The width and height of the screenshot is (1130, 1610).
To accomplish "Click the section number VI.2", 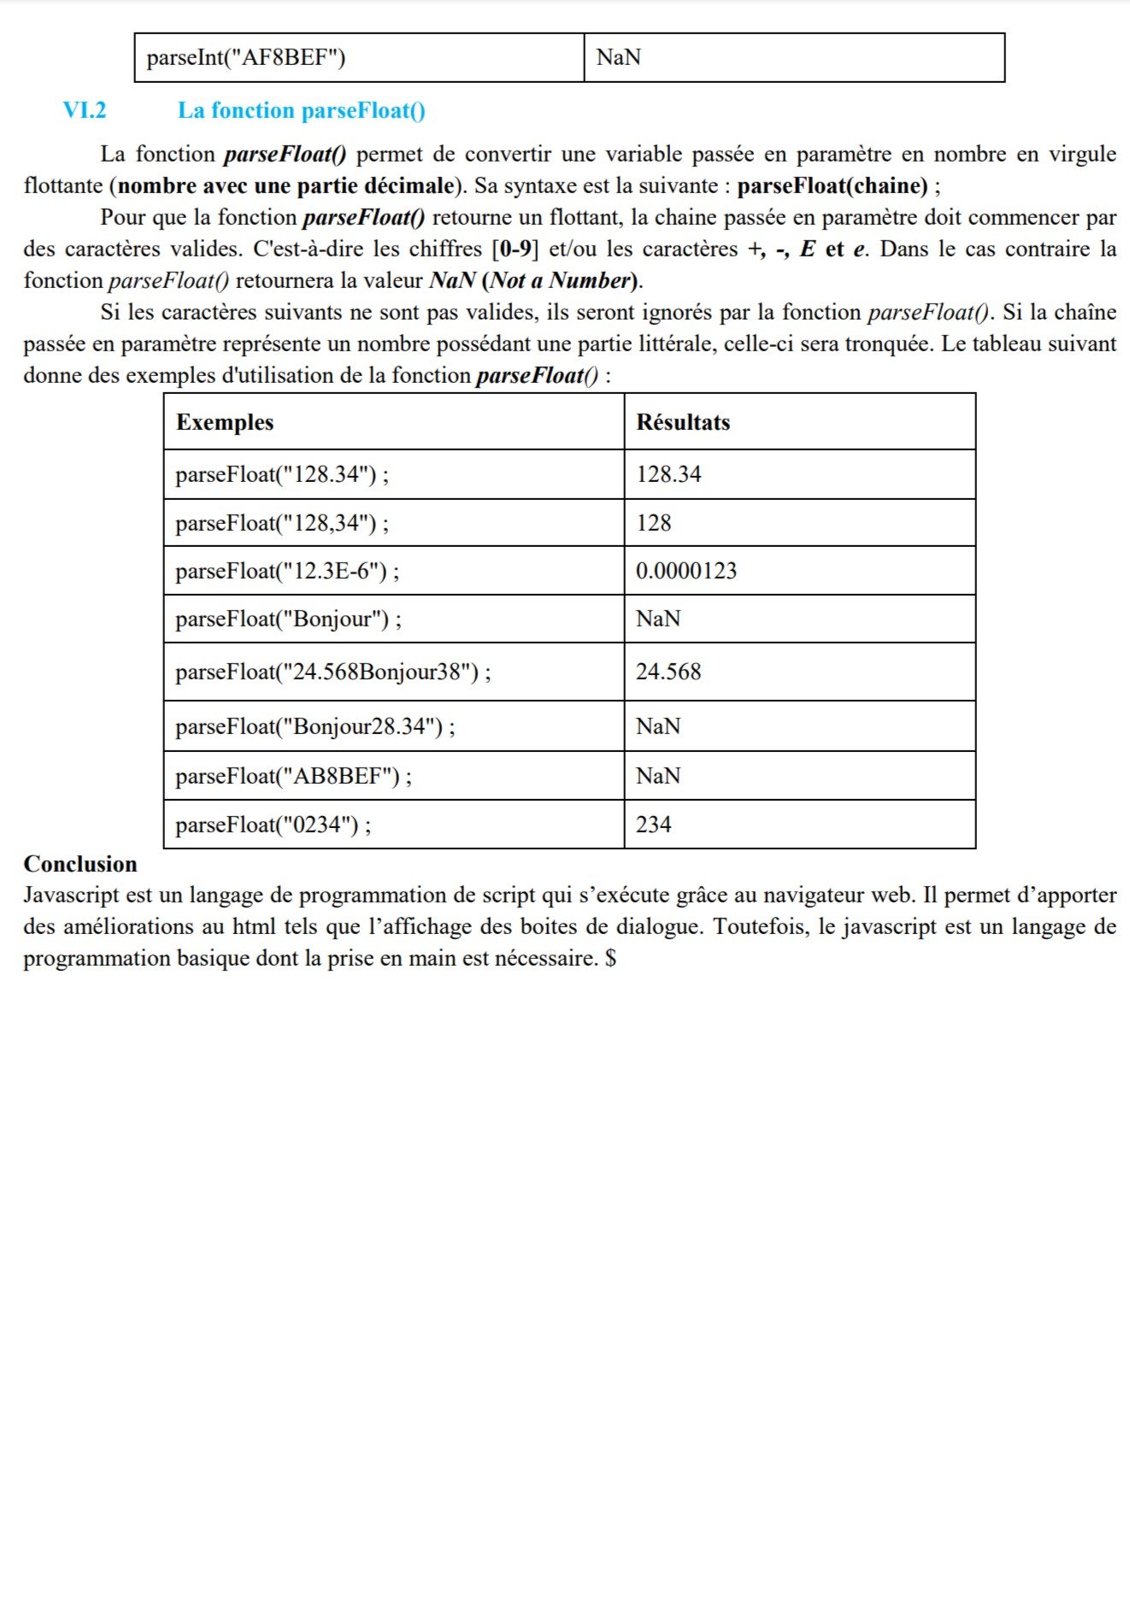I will click(85, 110).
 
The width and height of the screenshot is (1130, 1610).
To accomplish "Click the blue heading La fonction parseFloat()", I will click(301, 110).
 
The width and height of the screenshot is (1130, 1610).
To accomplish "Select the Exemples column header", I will click(225, 422).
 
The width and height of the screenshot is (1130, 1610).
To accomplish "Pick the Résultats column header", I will click(683, 422).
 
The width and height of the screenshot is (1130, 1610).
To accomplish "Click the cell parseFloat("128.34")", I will click(281, 474).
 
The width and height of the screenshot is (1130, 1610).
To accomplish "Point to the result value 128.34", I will click(668, 474).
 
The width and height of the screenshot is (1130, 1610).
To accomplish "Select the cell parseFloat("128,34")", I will click(281, 523).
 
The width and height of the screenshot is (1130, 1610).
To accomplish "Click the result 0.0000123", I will click(686, 571).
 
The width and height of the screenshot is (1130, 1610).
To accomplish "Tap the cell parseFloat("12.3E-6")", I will click(286, 571).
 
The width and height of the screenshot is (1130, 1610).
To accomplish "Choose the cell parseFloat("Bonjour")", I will click(288, 619).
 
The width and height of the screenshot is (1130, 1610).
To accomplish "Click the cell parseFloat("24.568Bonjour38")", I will click(333, 672).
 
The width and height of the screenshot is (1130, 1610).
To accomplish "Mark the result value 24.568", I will click(668, 672).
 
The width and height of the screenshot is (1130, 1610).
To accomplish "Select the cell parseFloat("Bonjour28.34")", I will click(315, 726).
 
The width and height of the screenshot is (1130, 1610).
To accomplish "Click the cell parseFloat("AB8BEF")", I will click(293, 776).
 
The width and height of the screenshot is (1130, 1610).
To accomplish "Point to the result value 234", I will click(654, 825).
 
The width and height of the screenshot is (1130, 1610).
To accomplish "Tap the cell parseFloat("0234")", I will click(273, 825).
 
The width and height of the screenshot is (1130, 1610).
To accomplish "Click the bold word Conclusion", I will click(80, 864).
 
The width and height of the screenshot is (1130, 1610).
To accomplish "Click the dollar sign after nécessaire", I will click(610, 958).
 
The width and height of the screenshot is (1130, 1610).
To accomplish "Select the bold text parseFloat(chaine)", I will click(833, 185).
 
